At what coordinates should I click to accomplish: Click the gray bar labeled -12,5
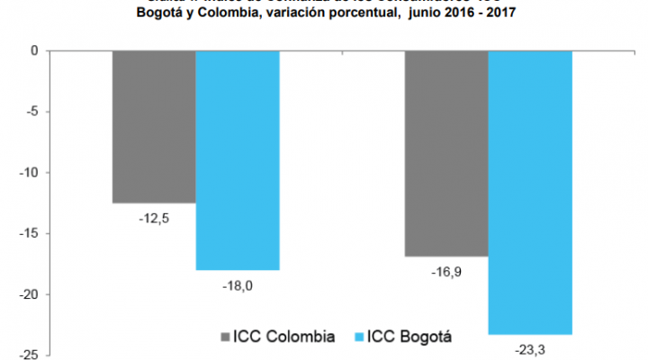point(154,127)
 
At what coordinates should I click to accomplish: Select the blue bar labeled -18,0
point(238,160)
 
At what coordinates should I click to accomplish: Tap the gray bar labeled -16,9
point(446,154)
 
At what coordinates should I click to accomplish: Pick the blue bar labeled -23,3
point(530,193)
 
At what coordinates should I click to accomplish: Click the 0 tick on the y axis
point(31,51)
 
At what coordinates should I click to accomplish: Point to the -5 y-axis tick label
point(29,112)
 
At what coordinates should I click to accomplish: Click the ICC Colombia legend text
point(284,337)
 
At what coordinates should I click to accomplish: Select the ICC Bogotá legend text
point(409,337)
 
